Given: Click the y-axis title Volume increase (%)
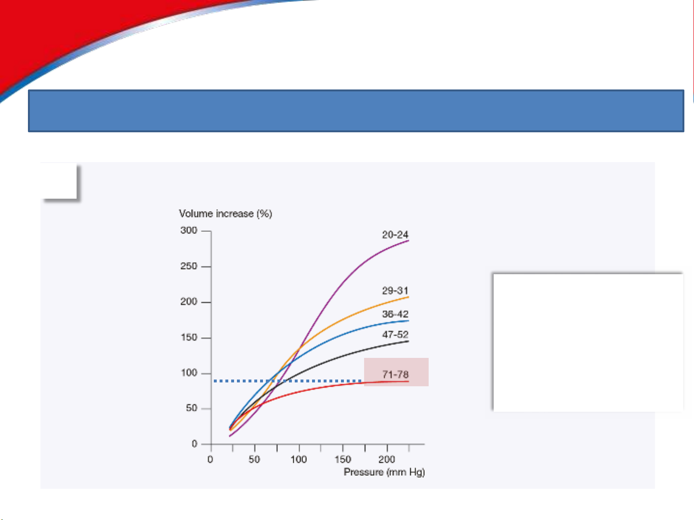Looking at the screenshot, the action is pyautogui.click(x=225, y=214).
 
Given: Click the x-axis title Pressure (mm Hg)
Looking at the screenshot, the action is pyautogui.click(x=384, y=472).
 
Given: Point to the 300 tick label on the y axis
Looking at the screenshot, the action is pyautogui.click(x=189, y=230).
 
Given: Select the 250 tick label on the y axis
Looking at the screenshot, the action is pyautogui.click(x=189, y=266).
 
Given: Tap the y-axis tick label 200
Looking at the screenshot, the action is pyautogui.click(x=189, y=302).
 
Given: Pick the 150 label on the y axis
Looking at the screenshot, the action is pyautogui.click(x=189, y=338).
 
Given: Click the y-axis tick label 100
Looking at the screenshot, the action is pyautogui.click(x=189, y=373).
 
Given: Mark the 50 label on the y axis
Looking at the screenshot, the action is pyautogui.click(x=192, y=408).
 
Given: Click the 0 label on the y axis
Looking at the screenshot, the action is pyautogui.click(x=195, y=444).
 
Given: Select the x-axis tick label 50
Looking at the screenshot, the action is pyautogui.click(x=254, y=459).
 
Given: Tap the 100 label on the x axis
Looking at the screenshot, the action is pyautogui.click(x=299, y=459).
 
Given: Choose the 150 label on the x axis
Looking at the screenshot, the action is pyautogui.click(x=343, y=459).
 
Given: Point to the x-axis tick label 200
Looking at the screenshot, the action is pyautogui.click(x=387, y=459).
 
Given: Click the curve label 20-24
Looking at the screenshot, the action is pyautogui.click(x=395, y=235).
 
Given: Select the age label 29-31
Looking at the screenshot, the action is pyautogui.click(x=395, y=291).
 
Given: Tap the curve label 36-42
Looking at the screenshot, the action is pyautogui.click(x=395, y=314).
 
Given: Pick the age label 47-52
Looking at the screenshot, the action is pyautogui.click(x=395, y=335).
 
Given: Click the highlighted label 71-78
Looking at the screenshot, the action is pyautogui.click(x=395, y=374).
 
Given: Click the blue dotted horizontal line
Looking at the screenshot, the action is pyautogui.click(x=288, y=381).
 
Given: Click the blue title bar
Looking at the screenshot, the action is pyautogui.click(x=356, y=111).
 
